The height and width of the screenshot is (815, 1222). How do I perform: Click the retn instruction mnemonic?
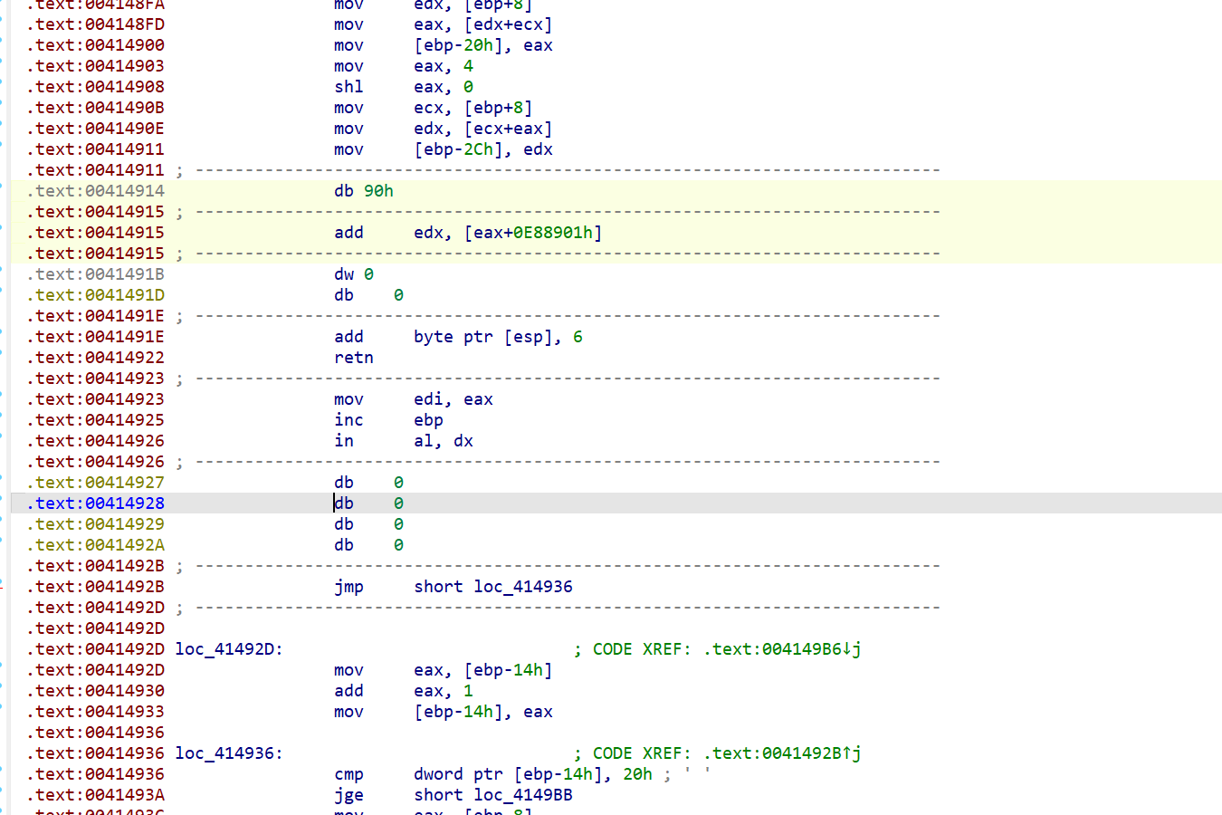click(353, 358)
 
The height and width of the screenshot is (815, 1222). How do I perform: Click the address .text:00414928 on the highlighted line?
click(96, 503)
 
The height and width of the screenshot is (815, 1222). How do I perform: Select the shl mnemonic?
click(348, 87)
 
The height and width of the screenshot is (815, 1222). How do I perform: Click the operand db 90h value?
click(378, 191)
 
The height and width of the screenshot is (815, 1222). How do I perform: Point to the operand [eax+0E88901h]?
click(533, 233)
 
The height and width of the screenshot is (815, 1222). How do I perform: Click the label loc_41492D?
click(229, 649)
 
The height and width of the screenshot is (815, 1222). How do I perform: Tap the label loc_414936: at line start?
click(229, 753)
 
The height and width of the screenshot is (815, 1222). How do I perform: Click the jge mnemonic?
click(348, 795)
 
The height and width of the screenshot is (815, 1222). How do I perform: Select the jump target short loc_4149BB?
click(493, 795)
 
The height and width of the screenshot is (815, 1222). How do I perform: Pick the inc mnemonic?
click(348, 420)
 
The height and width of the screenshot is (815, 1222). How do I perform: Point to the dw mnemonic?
click(344, 274)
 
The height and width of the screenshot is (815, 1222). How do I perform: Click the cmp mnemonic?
click(348, 774)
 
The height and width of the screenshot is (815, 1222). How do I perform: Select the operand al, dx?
click(444, 441)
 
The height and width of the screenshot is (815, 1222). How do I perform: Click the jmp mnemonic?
click(348, 587)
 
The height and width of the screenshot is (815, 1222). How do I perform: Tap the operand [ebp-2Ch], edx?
click(483, 149)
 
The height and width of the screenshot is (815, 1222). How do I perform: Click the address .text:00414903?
click(96, 66)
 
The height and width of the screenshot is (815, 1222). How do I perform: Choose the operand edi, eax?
click(453, 399)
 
